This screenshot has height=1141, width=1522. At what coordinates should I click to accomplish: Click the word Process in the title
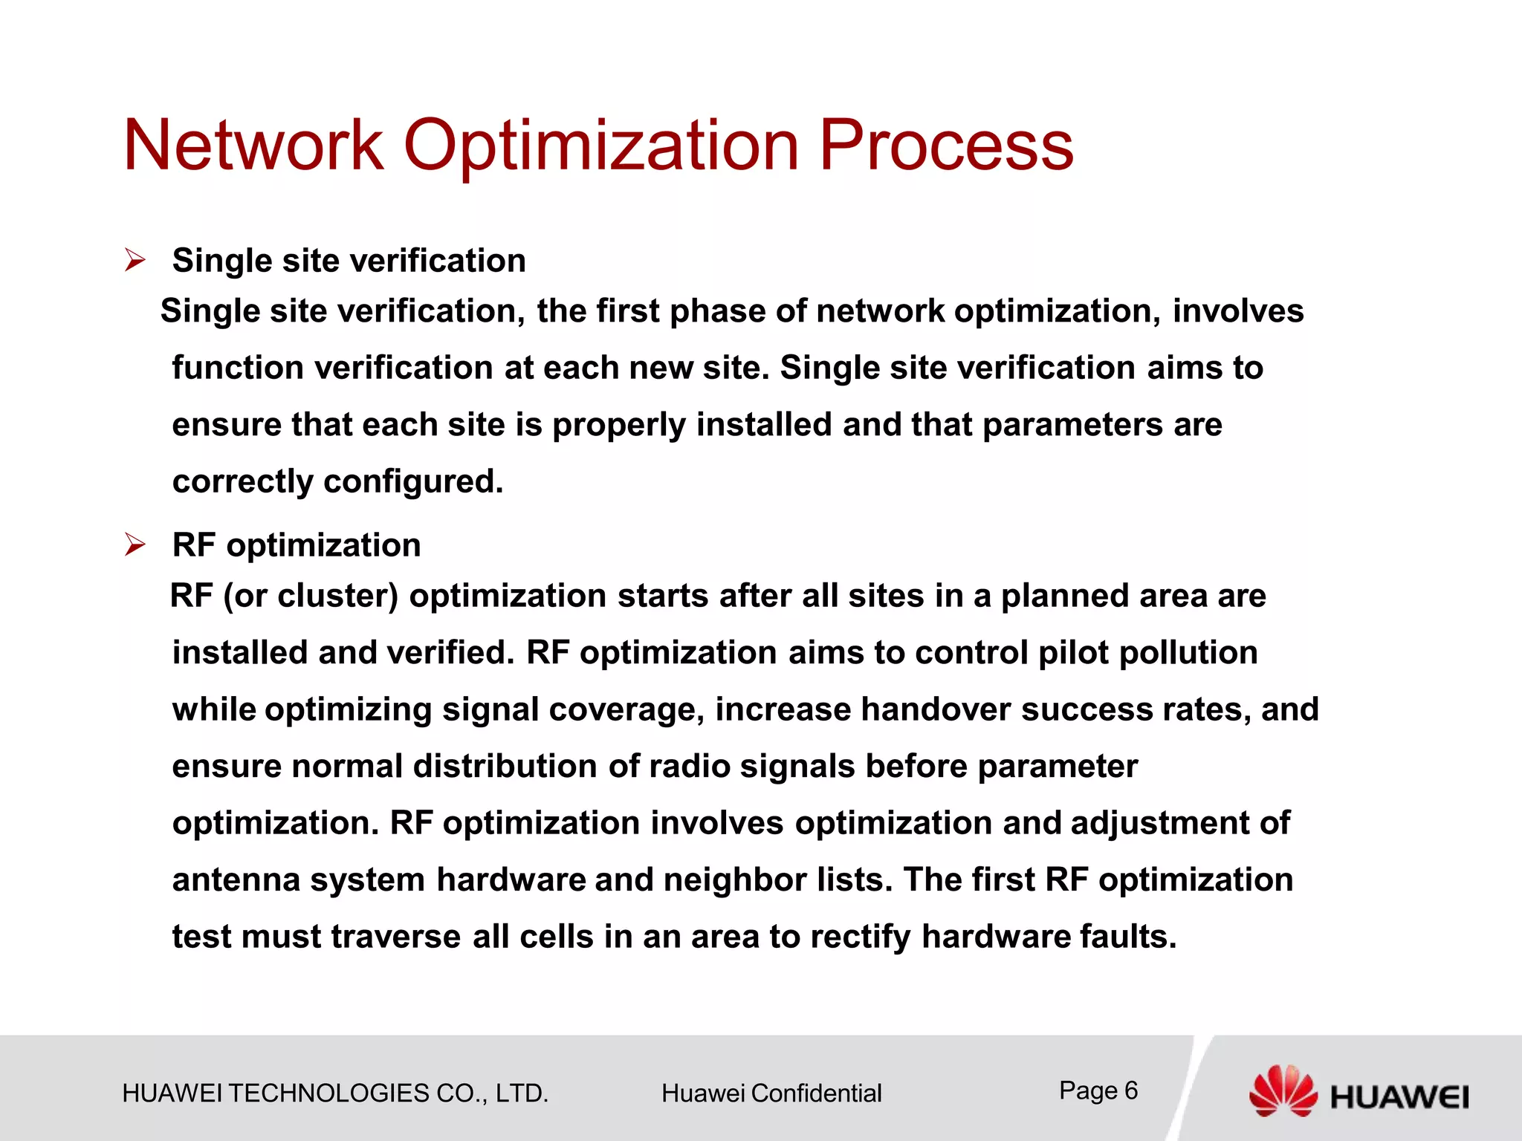pos(945,146)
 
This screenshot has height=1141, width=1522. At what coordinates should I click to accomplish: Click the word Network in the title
pos(253,146)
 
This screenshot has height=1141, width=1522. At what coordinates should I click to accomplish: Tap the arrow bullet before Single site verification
pos(135,261)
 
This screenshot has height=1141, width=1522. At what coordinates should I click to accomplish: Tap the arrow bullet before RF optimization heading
pos(135,545)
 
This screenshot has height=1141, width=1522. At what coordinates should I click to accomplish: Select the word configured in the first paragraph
pos(413,481)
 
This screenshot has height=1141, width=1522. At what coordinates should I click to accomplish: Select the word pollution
pos(1188,653)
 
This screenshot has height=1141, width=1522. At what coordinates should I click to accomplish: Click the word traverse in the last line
pos(395,937)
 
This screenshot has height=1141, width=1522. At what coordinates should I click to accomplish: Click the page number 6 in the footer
pos(1130,1090)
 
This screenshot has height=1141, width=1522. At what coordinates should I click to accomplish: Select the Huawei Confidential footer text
pos(771,1093)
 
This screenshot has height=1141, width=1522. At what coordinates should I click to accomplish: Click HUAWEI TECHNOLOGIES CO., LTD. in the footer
pos(335,1093)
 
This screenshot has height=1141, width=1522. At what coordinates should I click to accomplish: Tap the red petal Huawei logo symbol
pos(1282,1090)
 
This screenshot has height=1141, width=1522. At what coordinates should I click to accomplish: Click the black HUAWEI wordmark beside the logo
pos(1399,1097)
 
